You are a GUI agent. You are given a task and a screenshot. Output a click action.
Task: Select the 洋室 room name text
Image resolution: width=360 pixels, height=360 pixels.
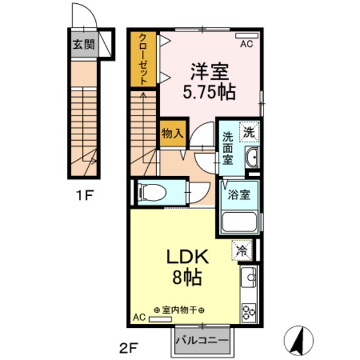210,69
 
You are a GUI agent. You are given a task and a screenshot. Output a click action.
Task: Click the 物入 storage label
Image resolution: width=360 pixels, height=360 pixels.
172,134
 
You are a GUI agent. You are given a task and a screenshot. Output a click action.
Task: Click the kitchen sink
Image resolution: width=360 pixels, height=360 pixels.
249,278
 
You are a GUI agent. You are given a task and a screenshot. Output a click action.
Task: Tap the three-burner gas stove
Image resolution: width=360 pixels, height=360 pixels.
249,310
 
